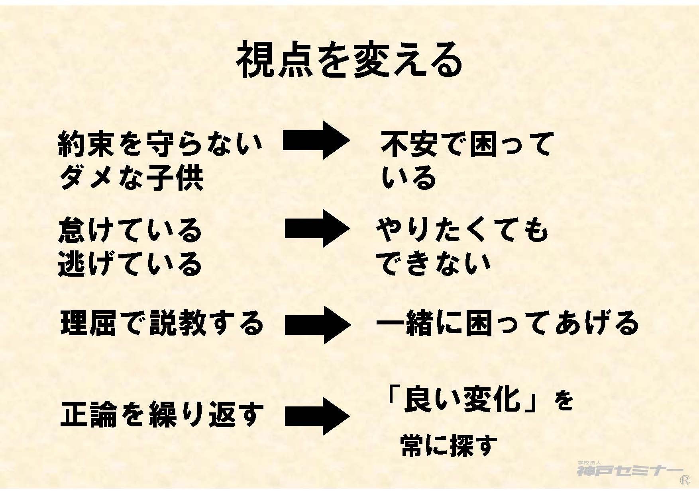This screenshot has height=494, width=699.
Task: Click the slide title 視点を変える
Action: coord(349,61)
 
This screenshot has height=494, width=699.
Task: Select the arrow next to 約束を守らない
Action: coord(316,141)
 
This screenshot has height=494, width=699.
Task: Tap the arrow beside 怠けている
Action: coord(317,228)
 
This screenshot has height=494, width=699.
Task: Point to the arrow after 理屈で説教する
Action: coord(318,324)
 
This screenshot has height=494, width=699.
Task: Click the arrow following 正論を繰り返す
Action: coord(317,416)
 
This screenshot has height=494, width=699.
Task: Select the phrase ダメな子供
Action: coord(131,178)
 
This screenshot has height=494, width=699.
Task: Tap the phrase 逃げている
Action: coord(130,264)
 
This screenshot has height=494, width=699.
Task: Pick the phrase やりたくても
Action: coord(462,231)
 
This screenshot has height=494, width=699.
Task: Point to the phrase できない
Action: coord(433,264)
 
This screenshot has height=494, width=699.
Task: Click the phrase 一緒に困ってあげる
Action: coord(507,323)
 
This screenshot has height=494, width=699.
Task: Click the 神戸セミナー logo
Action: coord(629,470)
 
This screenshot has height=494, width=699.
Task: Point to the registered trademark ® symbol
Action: coord(685,480)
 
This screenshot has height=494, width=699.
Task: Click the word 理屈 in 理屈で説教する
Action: coord(88,323)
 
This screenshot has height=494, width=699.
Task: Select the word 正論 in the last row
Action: coord(88,415)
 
